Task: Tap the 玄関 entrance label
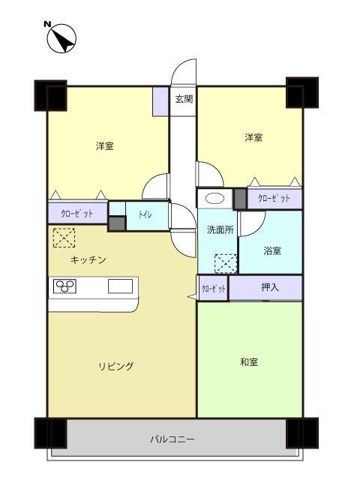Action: (x=184, y=98)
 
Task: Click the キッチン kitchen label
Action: (x=88, y=259)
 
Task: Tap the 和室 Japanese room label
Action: (x=250, y=361)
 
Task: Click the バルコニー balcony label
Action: (x=172, y=439)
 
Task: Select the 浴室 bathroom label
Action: (x=272, y=250)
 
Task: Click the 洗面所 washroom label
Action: (x=220, y=229)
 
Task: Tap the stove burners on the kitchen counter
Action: (x=64, y=286)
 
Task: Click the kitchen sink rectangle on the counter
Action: (x=120, y=286)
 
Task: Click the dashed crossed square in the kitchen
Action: (x=64, y=238)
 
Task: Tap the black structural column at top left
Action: (x=50, y=94)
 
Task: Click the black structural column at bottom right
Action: (x=303, y=432)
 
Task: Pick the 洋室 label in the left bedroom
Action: (x=105, y=145)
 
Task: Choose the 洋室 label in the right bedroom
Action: (x=253, y=137)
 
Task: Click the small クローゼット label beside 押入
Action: (x=213, y=288)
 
